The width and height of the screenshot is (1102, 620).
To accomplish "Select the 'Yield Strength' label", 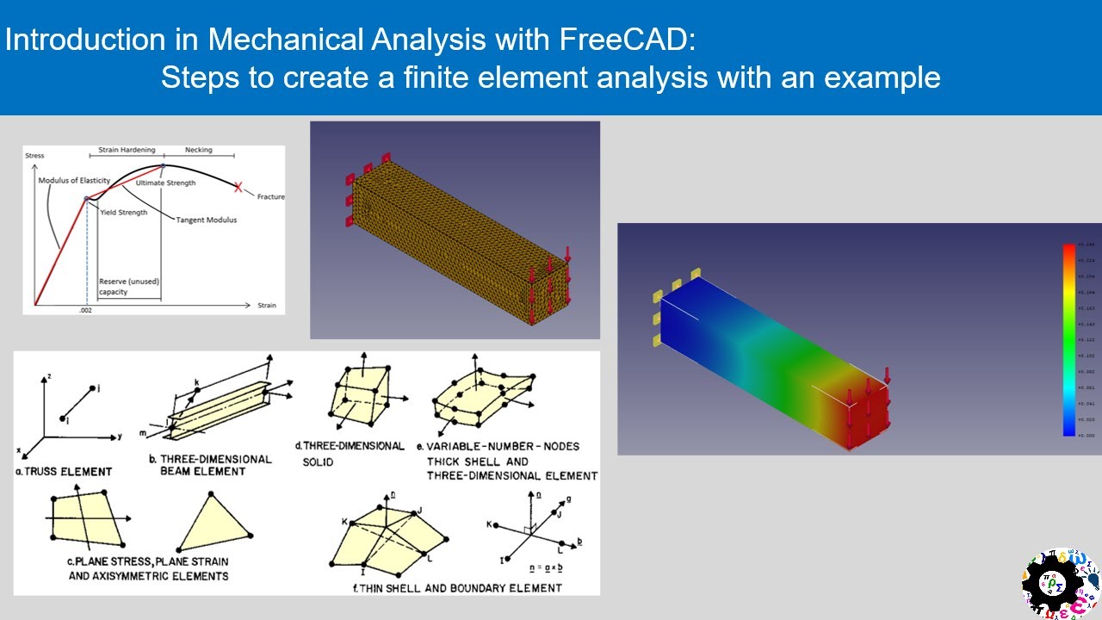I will [123, 213].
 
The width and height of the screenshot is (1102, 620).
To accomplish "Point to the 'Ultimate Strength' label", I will [165, 183].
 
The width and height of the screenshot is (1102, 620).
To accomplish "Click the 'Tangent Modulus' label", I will [207, 220].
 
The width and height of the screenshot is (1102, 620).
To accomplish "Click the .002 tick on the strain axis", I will [85, 309].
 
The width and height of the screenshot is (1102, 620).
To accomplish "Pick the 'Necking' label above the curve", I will [198, 150].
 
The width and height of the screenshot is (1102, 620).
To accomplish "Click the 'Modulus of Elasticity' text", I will [73, 181].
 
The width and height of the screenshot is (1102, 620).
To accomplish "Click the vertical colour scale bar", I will [1068, 340].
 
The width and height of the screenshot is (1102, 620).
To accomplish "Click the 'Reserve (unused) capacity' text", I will [129, 287].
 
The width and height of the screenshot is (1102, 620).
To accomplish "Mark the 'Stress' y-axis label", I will [34, 156].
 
